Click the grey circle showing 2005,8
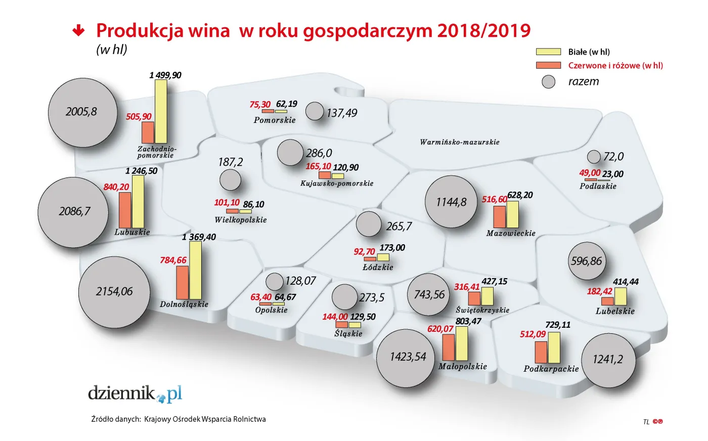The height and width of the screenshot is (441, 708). (x=82, y=112)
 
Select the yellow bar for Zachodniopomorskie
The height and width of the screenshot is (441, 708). (x=161, y=112)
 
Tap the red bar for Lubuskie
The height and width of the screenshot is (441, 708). (x=125, y=210)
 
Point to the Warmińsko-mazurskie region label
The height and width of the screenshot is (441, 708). (x=459, y=142)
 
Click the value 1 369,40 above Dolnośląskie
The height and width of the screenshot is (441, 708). (x=199, y=237)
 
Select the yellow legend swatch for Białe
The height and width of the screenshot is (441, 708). (x=548, y=52)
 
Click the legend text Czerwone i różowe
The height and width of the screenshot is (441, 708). (x=615, y=65)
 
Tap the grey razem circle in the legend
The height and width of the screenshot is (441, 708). (x=549, y=82)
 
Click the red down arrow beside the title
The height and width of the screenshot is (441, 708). (x=78, y=31)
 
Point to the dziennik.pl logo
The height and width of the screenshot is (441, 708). (x=135, y=393)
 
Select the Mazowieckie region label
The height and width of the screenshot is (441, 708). (x=511, y=233)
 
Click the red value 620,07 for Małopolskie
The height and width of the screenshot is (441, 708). (x=440, y=329)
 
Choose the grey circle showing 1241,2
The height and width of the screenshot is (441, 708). (x=608, y=360)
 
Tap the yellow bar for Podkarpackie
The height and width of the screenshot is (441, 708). (x=554, y=347)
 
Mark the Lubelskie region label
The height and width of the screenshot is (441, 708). (x=615, y=311)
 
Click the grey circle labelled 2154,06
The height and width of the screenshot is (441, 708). (x=115, y=292)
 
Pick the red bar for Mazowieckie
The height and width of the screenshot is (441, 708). (x=499, y=216)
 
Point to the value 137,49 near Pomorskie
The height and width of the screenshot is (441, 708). (x=341, y=113)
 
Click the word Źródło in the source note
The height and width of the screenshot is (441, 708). (x=102, y=419)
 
